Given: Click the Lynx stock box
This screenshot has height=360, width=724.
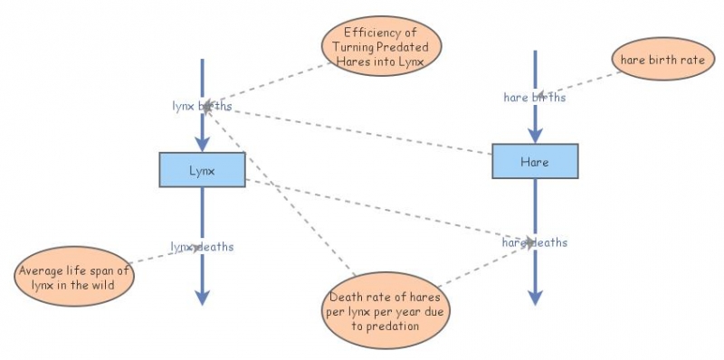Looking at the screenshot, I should (202, 169).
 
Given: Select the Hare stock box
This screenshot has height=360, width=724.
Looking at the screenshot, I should (534, 161).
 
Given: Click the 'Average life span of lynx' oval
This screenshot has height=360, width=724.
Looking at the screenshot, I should (75, 278).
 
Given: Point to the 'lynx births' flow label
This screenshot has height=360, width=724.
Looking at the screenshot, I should (202, 106).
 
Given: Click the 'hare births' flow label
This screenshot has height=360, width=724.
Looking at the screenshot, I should (534, 97).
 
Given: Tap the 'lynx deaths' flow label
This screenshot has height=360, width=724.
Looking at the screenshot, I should (202, 246).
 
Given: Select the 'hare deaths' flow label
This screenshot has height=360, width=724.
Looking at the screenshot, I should (535, 242).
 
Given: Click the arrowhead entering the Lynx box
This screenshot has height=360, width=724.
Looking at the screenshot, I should (202, 144).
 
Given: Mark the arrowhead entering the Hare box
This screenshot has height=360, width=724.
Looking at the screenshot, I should (534, 135).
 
